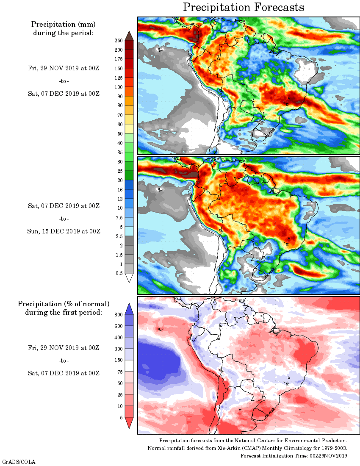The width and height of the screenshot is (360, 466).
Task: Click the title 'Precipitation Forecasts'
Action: pos(244,7)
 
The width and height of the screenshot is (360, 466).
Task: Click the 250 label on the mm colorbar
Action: pos(118,41)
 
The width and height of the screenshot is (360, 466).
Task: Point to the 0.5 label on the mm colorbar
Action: pos(119,273)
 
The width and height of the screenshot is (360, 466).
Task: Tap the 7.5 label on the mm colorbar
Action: pos(119,217)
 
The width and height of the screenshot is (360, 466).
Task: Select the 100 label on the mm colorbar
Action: pos(118,87)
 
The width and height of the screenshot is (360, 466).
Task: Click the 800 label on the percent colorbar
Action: pos(118,315)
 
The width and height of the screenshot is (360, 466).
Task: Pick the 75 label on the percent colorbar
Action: pos(119,372)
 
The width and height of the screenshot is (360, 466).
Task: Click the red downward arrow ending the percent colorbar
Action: pos(130,423)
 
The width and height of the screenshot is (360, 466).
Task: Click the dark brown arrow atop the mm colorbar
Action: pos(130,35)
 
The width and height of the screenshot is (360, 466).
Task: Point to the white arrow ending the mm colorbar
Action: pos(130,278)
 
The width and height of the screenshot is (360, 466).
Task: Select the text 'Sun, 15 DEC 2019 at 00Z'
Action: pos(64,231)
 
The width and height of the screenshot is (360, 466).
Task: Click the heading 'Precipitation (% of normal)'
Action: pos(64,304)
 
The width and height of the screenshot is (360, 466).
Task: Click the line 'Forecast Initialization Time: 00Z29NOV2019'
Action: pos(294,455)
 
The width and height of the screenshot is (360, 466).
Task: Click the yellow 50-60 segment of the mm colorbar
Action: pos(130,129)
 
